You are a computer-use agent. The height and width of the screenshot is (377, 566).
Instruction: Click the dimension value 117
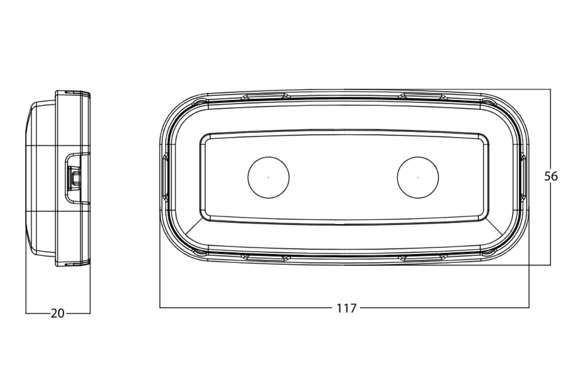[x=346, y=308]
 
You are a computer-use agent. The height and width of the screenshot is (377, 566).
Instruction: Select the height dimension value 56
[x=551, y=176]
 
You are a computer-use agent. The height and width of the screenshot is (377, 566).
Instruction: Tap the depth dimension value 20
[x=57, y=314]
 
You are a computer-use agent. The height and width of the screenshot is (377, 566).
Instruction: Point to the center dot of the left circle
[x=268, y=177]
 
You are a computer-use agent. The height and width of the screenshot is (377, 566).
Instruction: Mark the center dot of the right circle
[x=418, y=177]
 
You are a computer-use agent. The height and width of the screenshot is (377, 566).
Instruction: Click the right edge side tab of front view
[x=523, y=177]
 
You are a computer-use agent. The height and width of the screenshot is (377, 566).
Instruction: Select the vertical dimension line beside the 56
[x=551, y=133]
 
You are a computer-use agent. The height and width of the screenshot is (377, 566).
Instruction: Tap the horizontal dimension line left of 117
[x=248, y=307]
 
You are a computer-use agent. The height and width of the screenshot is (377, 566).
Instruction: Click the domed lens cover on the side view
[x=40, y=177]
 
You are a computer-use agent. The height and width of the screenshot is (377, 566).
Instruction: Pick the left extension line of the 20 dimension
[x=26, y=283]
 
